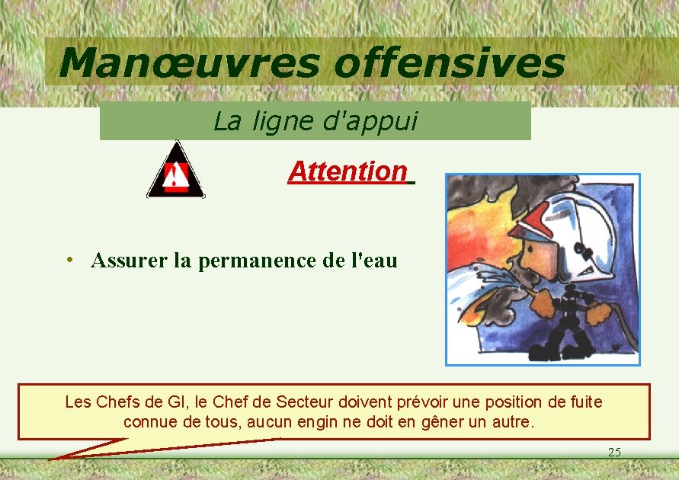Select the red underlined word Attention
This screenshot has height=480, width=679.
pos(348,171)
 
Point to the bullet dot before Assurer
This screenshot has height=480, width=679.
pos(69,261)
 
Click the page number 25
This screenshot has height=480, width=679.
pos(614,453)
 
